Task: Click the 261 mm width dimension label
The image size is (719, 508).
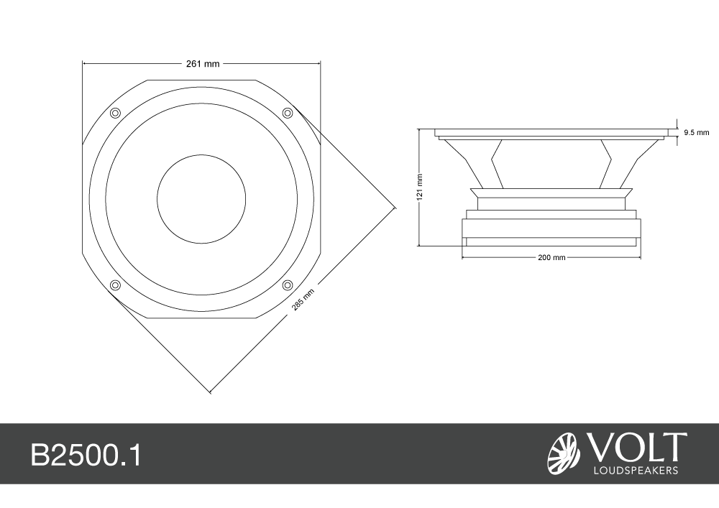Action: tap(203, 64)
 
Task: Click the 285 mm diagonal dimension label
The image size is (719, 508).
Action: tap(303, 300)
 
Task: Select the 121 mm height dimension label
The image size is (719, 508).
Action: tap(420, 187)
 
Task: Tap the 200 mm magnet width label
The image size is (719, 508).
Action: tap(551, 257)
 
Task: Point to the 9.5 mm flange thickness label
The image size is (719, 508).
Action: tap(697, 133)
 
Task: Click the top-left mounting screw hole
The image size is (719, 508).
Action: tap(115, 113)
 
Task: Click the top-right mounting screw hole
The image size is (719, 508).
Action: tap(287, 113)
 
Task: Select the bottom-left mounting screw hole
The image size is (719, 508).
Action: tap(115, 285)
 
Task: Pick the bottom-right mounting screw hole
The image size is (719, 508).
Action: tap(287, 285)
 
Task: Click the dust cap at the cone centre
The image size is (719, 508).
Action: tap(201, 199)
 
